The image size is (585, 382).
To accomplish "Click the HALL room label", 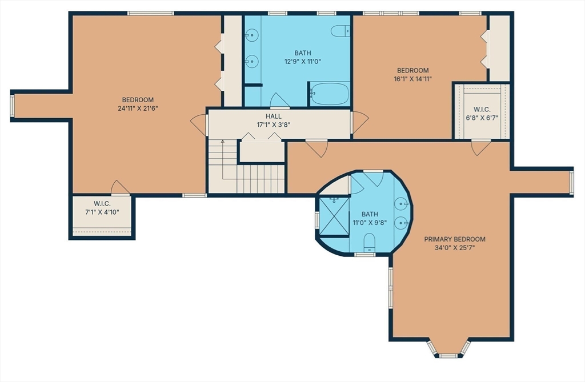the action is [x=274, y=116].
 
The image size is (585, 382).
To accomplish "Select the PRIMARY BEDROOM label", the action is [x=454, y=239].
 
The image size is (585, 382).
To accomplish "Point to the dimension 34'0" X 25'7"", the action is [x=454, y=248].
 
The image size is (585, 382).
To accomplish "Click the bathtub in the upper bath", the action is [x=330, y=94].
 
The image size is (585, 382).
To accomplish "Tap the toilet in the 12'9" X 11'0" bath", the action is [x=340, y=31].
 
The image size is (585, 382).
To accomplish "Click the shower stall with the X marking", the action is [x=334, y=216].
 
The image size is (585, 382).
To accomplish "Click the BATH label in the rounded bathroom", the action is [x=370, y=214].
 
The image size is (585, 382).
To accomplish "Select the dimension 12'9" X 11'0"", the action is [x=303, y=62].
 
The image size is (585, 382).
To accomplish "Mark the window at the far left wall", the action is [x=12, y=106].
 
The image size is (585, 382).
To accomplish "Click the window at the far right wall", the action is [x=571, y=182].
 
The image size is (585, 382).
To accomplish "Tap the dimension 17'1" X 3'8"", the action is [x=274, y=125].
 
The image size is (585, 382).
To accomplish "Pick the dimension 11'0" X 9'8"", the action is [x=370, y=223].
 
